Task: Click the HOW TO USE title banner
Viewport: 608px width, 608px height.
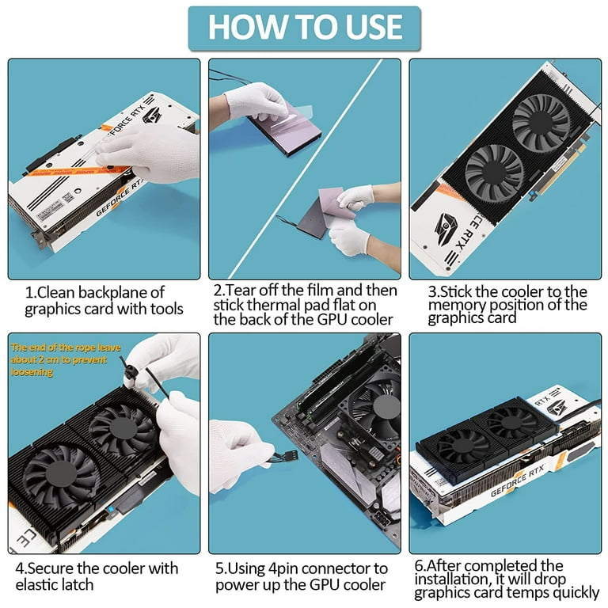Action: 304,27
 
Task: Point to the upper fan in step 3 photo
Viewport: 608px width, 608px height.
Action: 541,123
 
